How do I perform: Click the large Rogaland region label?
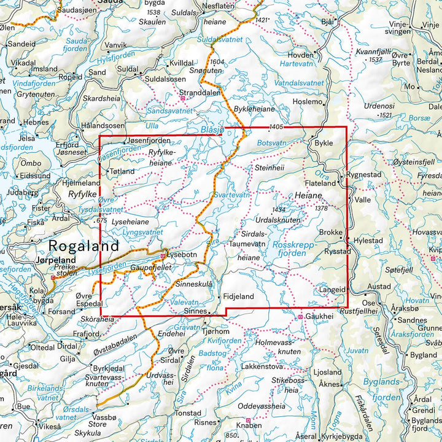(83, 246)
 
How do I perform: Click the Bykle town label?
(323, 143)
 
